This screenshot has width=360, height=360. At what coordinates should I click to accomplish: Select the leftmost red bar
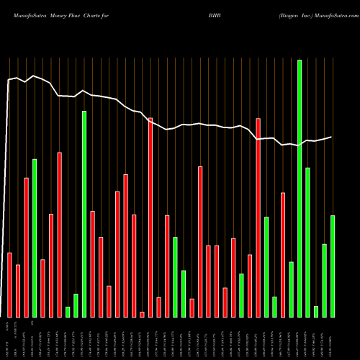click(10, 284)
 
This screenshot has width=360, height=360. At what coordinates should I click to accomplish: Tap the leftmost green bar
click(35, 238)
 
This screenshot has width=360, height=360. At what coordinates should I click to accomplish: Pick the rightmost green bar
click(333, 266)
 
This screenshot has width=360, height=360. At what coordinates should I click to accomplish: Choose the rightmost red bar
click(283, 255)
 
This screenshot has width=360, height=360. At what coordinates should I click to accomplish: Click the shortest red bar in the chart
click(142, 314)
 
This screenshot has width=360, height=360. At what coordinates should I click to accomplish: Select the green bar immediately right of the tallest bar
click(308, 242)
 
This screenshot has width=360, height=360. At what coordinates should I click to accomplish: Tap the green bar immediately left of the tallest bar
click(292, 289)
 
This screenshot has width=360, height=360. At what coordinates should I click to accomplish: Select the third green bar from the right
click(316, 311)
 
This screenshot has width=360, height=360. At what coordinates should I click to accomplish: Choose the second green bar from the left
click(68, 312)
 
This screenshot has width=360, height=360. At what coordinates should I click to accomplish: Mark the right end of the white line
click(332, 137)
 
